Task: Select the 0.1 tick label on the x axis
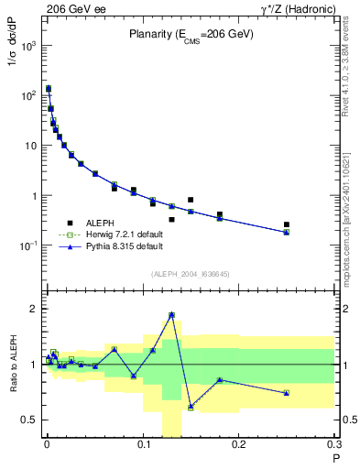coord(143,445)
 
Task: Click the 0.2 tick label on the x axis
coord(238,445)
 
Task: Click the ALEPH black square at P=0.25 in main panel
coord(287,224)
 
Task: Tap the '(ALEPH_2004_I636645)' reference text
coord(190,275)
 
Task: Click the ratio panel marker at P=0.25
coord(287,393)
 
